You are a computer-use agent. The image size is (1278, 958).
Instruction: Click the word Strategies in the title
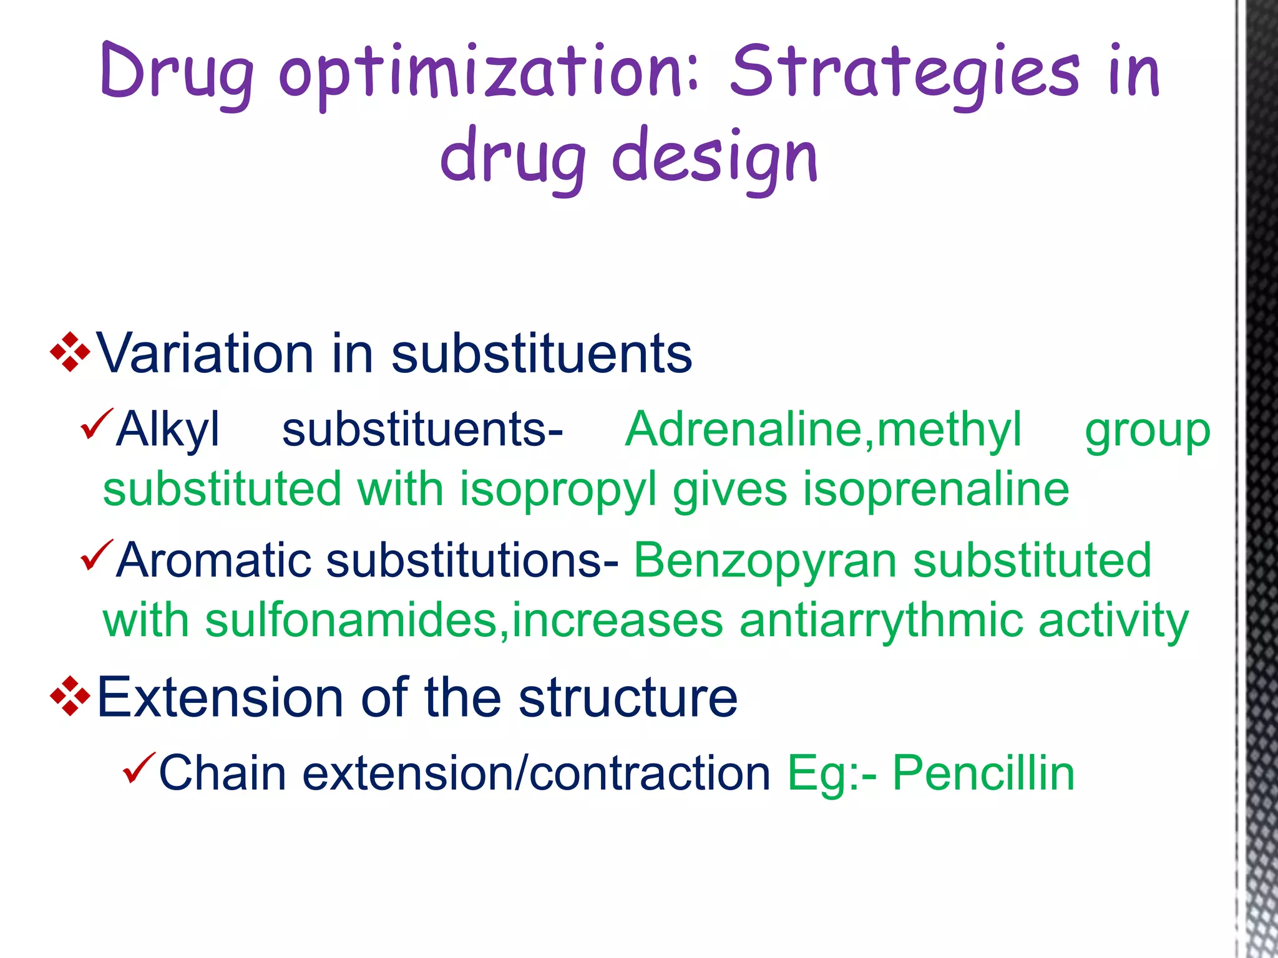[x=904, y=74]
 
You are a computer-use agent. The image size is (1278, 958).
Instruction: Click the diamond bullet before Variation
[x=70, y=353]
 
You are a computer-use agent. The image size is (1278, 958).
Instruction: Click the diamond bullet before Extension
[x=70, y=697]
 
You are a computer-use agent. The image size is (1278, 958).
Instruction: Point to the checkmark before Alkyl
[x=97, y=424]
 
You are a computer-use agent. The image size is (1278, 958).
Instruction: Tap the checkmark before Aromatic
[x=97, y=555]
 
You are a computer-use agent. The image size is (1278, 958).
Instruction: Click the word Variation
[x=204, y=353]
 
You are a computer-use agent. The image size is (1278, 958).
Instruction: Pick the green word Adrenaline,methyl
[x=823, y=430]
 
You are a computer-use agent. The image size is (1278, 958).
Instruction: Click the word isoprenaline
[x=935, y=489]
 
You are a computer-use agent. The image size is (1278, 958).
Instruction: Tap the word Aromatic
[x=213, y=560]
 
